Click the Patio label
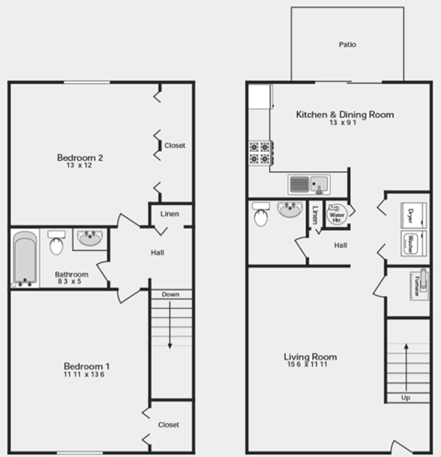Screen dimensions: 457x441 tap(347, 43)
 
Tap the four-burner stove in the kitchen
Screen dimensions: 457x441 tap(260, 152)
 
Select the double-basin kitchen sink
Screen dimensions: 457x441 tap(308, 183)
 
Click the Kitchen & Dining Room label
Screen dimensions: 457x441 tap(345, 115)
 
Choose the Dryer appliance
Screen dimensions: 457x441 tap(409, 216)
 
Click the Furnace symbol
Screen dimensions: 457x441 tap(422, 283)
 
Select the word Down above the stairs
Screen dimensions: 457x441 tap(170, 294)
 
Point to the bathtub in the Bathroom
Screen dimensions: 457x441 tap(24, 258)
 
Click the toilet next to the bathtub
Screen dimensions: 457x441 tap(56, 244)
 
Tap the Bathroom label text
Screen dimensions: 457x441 tap(71, 274)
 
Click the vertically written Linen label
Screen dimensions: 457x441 tap(315, 215)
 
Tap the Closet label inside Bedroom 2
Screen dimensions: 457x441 tap(175, 145)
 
